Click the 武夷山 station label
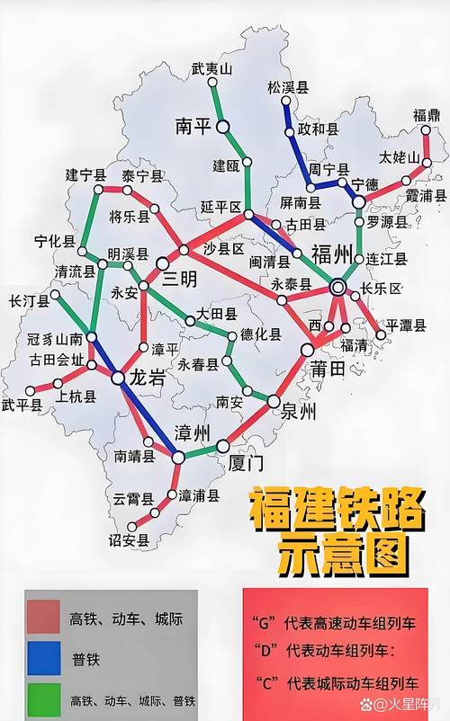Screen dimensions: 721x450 point(211,67)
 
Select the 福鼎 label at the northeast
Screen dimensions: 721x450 point(426,114)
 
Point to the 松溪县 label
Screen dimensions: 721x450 point(288,87)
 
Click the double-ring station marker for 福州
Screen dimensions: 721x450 point(337,288)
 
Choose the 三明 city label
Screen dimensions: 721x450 point(179,280)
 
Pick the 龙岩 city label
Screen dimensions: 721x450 point(147,379)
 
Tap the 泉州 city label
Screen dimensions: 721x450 point(300,413)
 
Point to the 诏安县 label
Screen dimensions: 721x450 point(130,541)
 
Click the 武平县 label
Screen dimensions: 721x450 point(22,405)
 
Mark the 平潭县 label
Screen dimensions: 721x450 point(407,325)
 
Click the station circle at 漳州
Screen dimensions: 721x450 point(178,457)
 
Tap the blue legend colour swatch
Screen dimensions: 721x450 point(42,660)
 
